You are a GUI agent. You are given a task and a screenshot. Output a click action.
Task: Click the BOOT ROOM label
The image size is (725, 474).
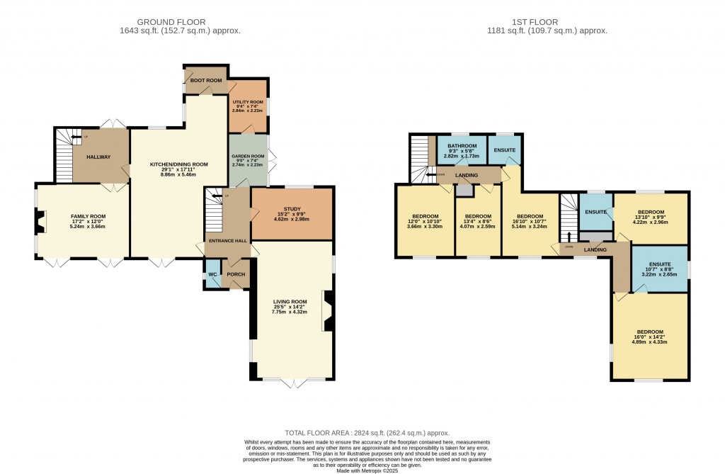(205, 81)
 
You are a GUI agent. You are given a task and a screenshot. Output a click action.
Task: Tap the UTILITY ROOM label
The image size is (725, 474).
(248, 102)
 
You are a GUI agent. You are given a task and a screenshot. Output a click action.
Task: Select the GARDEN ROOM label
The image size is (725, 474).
(248, 157)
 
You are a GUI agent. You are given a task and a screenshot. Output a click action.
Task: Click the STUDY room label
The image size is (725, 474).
(291, 209)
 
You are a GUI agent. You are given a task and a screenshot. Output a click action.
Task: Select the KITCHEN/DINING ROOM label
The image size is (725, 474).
(178, 164)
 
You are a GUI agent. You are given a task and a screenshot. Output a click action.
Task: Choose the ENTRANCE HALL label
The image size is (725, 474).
(227, 242)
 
